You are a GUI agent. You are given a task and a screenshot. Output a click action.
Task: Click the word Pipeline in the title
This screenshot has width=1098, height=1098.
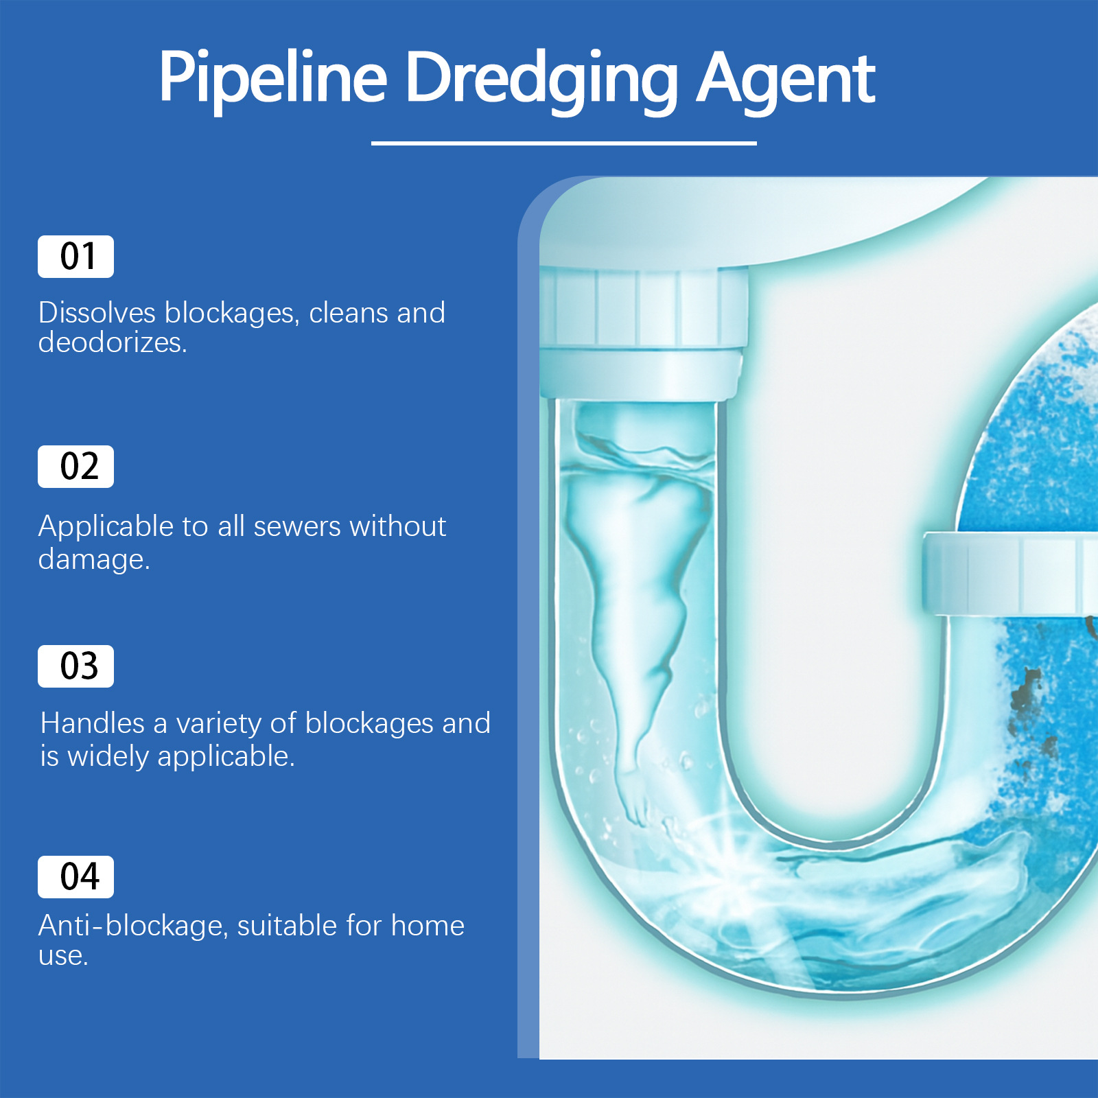pyautogui.click(x=272, y=79)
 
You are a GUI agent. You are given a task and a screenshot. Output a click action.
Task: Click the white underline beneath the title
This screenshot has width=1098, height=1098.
pyautogui.click(x=563, y=143)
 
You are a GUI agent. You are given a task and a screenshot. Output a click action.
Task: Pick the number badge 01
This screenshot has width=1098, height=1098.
pyautogui.click(x=75, y=257)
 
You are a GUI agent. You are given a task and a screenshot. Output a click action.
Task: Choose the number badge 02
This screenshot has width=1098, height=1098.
pyautogui.click(x=75, y=467)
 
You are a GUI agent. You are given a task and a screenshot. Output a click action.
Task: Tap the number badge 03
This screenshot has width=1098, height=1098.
pyautogui.click(x=75, y=666)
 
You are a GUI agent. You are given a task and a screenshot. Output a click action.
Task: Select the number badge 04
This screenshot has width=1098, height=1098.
pyautogui.click(x=75, y=877)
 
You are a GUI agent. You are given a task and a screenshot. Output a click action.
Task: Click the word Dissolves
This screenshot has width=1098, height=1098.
pyautogui.click(x=97, y=313)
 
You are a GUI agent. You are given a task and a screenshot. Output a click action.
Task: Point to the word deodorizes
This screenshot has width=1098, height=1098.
pyautogui.click(x=112, y=342)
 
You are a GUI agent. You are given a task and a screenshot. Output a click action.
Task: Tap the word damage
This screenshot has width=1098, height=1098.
pyautogui.click(x=93, y=559)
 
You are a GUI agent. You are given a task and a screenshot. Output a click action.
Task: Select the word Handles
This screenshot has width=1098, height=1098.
pyautogui.click(x=92, y=723)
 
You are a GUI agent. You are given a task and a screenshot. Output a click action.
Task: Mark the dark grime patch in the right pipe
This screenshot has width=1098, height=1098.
pyautogui.click(x=1029, y=707)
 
